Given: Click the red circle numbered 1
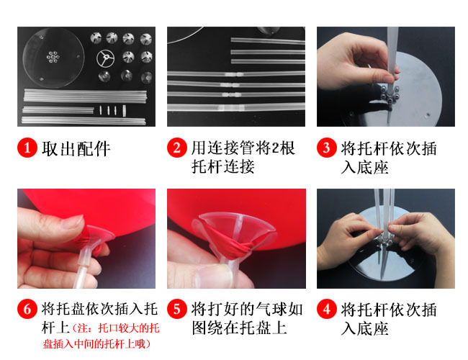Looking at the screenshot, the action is click(27, 148).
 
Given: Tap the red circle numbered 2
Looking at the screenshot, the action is click(177, 148).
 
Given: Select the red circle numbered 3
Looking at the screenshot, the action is click(327, 148).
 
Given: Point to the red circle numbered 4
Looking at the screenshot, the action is click(327, 309).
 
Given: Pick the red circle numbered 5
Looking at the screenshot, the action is click(177, 309).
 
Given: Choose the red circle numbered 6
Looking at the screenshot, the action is click(27, 309).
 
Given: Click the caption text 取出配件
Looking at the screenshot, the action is click(76, 148).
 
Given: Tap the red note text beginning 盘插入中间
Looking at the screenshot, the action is click(96, 344).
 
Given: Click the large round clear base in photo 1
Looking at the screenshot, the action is click(53, 58).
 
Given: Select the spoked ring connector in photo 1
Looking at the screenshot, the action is click(105, 58).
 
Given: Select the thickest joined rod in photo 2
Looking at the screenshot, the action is click(236, 107).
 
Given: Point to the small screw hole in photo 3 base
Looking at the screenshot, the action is click(428, 114).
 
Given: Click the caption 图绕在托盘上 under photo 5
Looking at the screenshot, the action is click(239, 328).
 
